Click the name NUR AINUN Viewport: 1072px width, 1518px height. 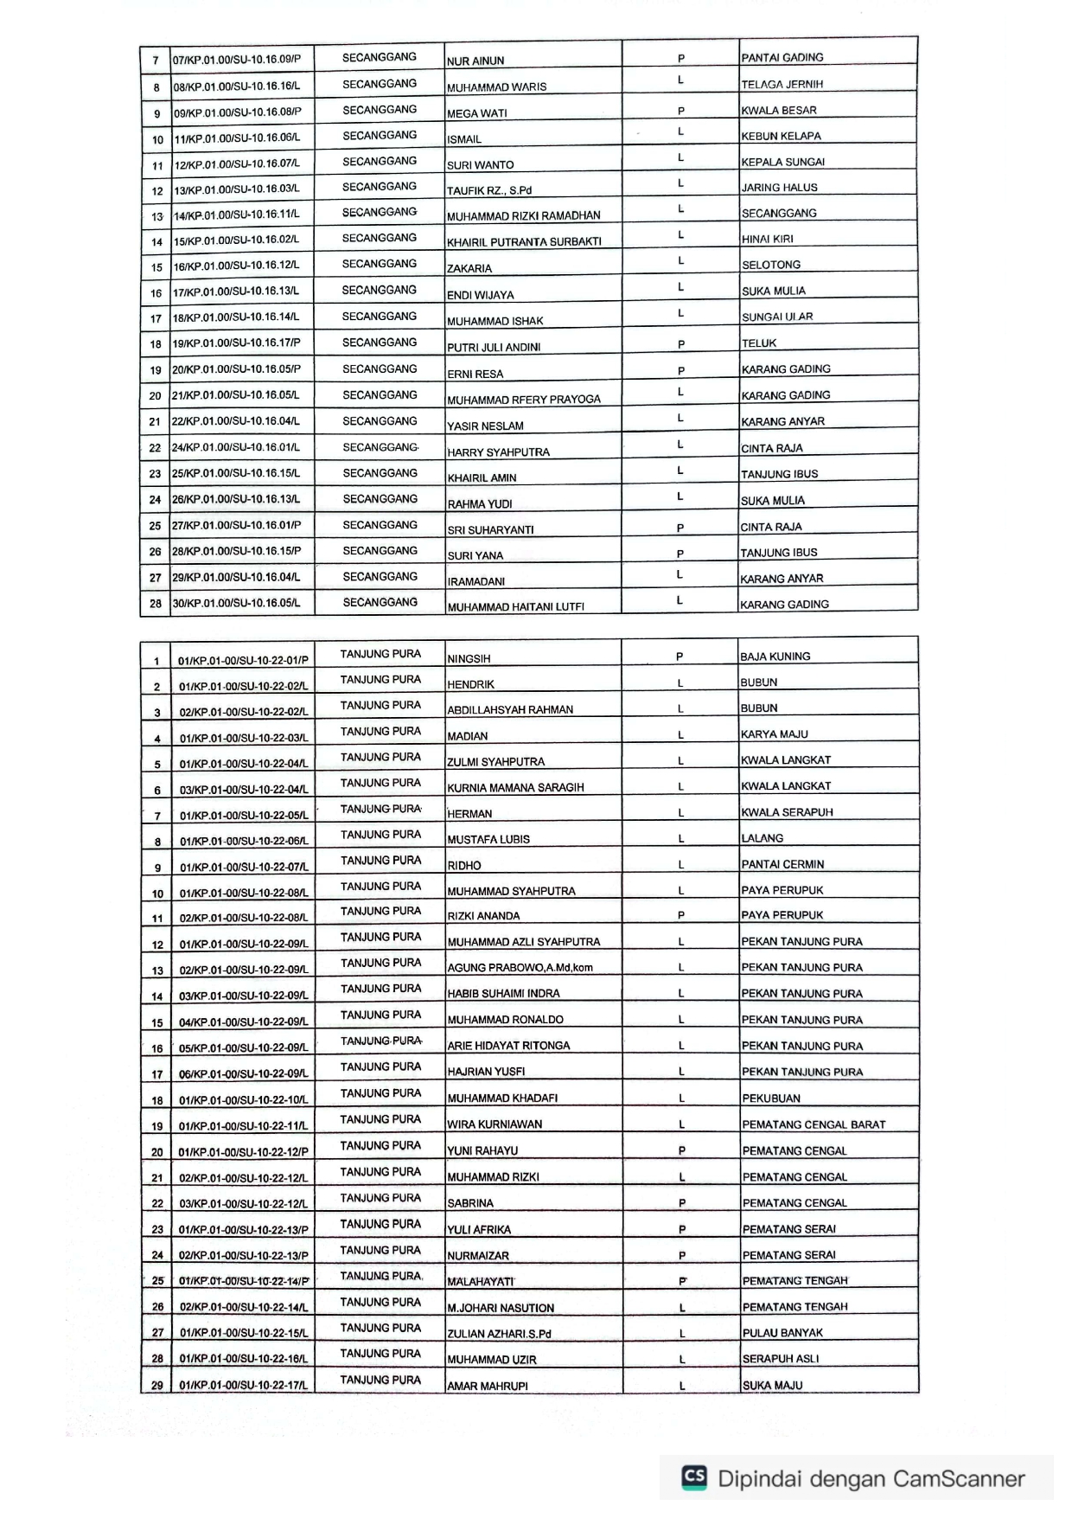click(x=475, y=61)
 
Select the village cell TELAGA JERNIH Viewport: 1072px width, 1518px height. click(x=782, y=84)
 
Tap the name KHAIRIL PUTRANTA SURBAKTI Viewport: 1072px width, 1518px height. click(x=524, y=241)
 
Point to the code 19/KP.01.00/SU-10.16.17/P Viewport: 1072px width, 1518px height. click(x=237, y=343)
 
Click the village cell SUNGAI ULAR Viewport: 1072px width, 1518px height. click(x=776, y=317)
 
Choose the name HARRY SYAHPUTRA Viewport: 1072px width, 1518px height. click(x=498, y=452)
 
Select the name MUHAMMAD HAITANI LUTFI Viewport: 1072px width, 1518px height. click(x=515, y=606)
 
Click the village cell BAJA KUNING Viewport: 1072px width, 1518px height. click(x=775, y=657)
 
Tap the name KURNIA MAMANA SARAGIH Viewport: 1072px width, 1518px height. click(x=515, y=787)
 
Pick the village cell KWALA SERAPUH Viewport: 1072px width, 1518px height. click(x=787, y=812)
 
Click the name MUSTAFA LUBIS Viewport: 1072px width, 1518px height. click(x=488, y=839)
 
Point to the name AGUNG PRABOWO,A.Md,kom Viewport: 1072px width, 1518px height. click(x=520, y=967)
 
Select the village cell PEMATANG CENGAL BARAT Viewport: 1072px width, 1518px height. click(x=814, y=1124)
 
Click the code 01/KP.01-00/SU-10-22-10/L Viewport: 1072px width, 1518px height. click(x=243, y=1100)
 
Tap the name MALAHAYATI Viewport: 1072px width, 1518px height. click(x=480, y=1281)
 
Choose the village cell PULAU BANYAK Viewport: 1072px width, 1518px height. click(x=782, y=1333)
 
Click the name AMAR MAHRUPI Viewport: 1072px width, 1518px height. click(x=488, y=1386)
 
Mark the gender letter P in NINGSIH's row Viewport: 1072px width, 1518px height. click(x=680, y=657)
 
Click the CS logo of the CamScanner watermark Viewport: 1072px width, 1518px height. click(x=694, y=1477)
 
